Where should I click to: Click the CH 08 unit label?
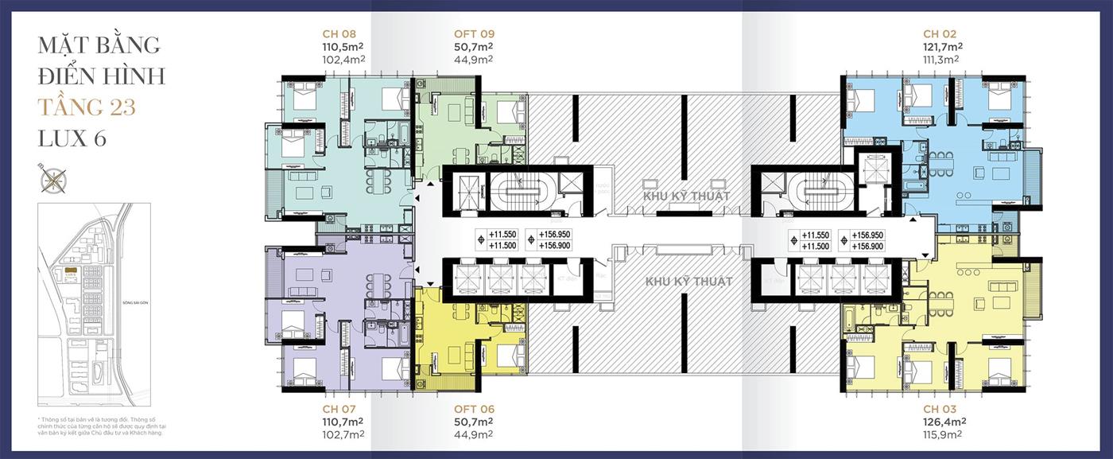[x=339, y=34]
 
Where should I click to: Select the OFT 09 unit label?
[x=474, y=34]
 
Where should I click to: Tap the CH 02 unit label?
[x=940, y=34]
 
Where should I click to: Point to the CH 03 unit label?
[x=940, y=408]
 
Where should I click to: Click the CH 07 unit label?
[x=339, y=408]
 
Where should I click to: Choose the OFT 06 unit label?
[x=474, y=408]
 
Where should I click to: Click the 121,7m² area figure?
[x=940, y=47]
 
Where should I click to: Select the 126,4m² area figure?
[x=940, y=422]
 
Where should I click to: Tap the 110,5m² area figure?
[x=339, y=47]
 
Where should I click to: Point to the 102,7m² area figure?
[x=339, y=434]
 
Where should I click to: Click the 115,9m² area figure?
[x=940, y=434]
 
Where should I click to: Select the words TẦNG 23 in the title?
[x=87, y=107]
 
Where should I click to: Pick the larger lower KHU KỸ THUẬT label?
[x=688, y=282]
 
